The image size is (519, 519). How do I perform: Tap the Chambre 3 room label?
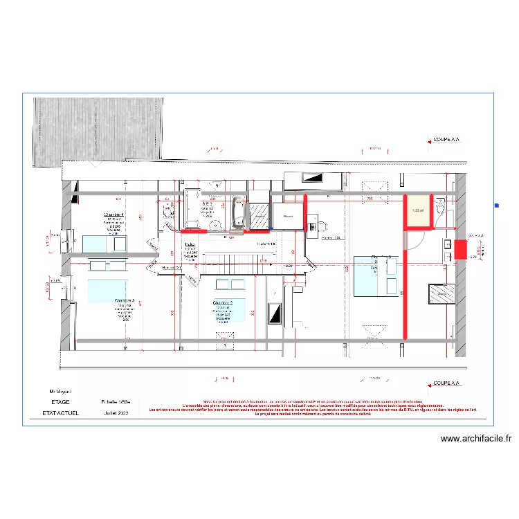click(x=125, y=301)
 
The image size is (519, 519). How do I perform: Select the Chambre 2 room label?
click(x=223, y=303)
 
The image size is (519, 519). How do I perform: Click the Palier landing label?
click(x=190, y=244)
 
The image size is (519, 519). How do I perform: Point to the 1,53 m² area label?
click(x=419, y=211)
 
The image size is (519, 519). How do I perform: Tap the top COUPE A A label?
click(x=446, y=139)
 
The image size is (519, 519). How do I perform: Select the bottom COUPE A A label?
click(x=446, y=383)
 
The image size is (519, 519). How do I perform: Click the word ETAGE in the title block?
click(x=61, y=401)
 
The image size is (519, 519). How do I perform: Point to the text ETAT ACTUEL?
click(x=61, y=413)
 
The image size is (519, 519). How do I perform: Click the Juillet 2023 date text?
click(x=116, y=413)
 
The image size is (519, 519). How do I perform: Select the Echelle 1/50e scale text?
click(x=117, y=401)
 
